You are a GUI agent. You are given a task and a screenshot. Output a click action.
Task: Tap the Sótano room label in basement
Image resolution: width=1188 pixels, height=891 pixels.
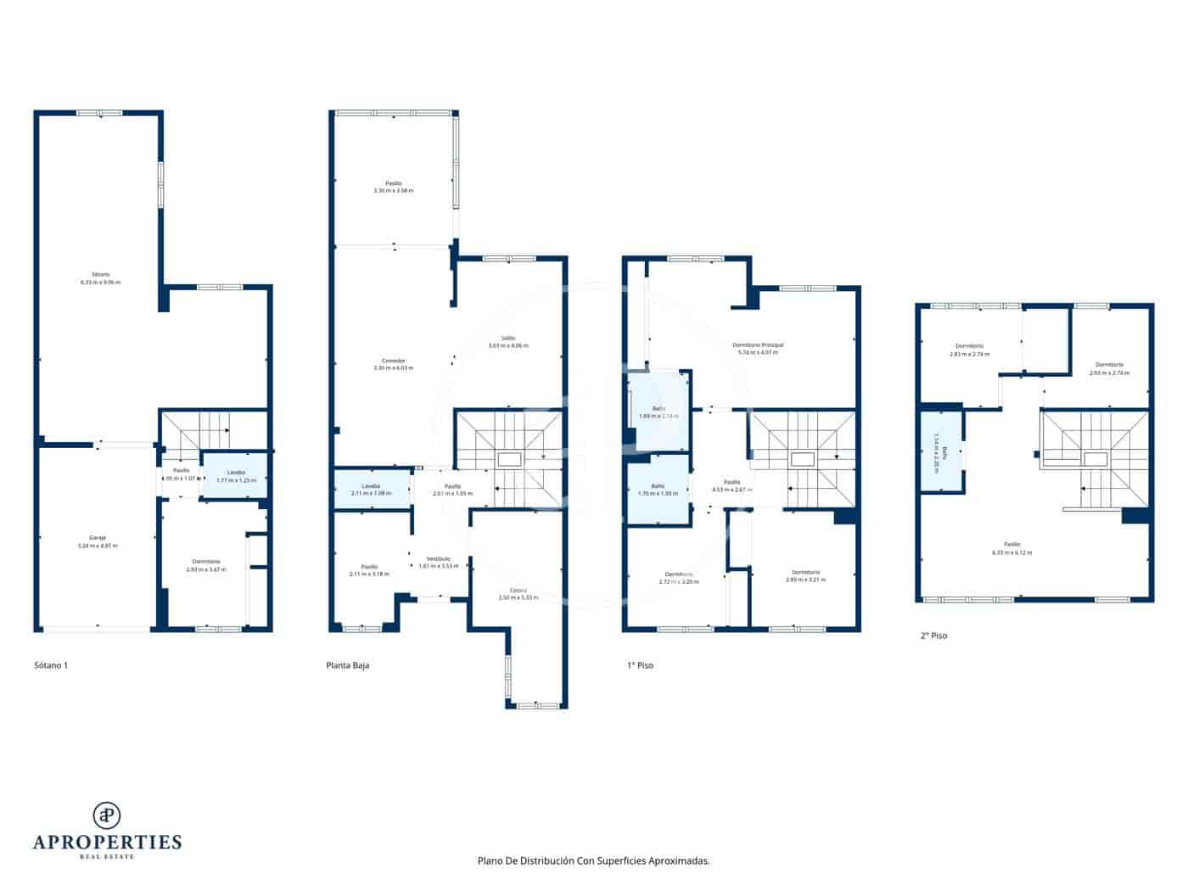[x=100, y=278]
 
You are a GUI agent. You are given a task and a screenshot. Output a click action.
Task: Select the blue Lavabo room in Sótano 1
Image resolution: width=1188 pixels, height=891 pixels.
[x=236, y=476]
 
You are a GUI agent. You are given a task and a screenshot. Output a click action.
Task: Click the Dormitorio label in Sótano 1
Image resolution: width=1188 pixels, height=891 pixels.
[x=206, y=565]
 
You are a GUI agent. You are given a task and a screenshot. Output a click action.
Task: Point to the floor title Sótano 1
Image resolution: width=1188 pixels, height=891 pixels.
[x=51, y=665]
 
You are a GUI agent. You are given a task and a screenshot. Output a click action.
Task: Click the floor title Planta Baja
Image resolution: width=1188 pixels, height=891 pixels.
[x=348, y=665]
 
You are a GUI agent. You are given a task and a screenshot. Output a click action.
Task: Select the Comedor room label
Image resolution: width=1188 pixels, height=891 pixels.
[x=393, y=364]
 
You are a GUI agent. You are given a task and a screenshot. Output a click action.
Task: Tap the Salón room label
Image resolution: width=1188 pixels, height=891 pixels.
[x=508, y=341]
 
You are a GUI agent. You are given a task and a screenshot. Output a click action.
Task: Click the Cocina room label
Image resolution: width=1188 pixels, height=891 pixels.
[x=518, y=593]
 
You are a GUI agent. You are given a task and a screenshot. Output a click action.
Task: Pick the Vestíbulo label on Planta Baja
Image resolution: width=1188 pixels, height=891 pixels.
[x=438, y=562]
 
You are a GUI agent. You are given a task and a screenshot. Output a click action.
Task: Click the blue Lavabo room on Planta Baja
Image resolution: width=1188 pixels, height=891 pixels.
[x=371, y=490]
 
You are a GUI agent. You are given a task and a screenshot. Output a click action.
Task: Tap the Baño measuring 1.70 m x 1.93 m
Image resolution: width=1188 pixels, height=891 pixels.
[x=658, y=490]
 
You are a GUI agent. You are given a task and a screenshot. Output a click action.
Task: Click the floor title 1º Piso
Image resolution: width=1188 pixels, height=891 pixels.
[x=640, y=665]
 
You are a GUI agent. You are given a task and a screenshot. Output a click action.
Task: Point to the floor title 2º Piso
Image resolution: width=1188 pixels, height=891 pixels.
[x=933, y=635]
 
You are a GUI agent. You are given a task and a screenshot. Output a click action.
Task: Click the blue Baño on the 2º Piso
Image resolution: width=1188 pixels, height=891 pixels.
[x=940, y=452]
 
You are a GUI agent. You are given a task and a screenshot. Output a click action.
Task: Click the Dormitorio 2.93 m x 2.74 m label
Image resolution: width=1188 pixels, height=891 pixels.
[x=1109, y=368]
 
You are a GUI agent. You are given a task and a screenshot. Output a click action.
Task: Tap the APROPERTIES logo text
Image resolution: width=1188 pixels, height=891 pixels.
[x=107, y=842]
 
